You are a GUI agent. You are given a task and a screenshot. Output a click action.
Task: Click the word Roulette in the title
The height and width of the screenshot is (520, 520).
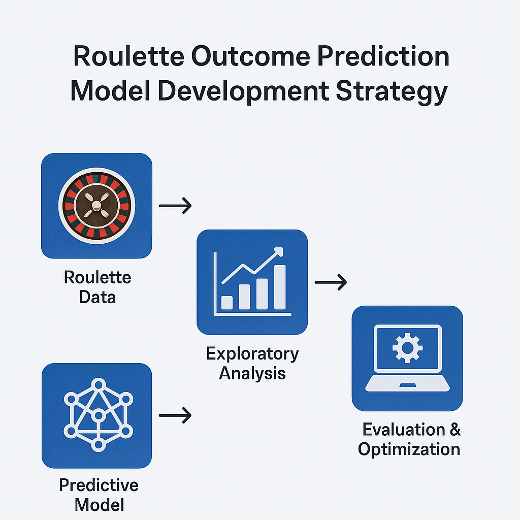(x=128, y=56)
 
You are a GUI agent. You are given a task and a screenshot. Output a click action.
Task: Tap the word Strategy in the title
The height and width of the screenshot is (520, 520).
(x=392, y=92)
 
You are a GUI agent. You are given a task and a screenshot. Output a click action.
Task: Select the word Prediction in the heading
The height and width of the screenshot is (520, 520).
(x=383, y=56)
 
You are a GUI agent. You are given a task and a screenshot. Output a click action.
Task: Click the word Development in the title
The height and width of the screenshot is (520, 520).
(x=243, y=92)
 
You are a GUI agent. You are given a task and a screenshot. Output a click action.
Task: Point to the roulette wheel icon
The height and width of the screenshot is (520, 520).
(x=97, y=206)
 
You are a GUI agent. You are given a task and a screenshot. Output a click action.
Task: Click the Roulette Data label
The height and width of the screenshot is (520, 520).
(x=97, y=287)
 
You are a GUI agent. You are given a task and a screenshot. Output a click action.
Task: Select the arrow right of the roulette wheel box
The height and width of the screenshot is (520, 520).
(x=175, y=206)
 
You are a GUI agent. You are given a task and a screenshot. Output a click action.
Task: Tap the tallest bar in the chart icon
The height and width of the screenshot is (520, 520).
(x=280, y=287)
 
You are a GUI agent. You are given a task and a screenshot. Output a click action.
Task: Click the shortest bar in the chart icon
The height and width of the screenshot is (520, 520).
(x=227, y=303)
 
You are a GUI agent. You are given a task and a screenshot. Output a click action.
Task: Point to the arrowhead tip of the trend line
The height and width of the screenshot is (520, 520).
(x=282, y=248)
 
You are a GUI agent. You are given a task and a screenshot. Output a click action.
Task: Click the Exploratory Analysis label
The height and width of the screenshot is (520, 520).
(x=252, y=364)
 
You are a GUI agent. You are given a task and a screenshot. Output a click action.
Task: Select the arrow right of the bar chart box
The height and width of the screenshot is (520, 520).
(x=331, y=282)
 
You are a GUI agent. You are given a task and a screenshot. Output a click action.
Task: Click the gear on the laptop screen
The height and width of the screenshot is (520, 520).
(x=408, y=348)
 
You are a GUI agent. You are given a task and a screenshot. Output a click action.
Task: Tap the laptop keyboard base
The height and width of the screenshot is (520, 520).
(x=408, y=383)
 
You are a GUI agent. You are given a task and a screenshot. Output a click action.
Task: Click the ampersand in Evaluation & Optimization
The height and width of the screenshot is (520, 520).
(x=456, y=429)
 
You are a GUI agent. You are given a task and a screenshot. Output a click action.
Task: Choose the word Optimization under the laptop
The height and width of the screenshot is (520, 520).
(x=409, y=450)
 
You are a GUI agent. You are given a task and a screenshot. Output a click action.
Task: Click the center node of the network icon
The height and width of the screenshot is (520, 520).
(x=99, y=415)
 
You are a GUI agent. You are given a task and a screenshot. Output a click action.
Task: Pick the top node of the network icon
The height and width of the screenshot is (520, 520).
(x=99, y=385)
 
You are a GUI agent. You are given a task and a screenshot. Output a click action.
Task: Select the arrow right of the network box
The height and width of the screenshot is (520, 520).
(x=175, y=415)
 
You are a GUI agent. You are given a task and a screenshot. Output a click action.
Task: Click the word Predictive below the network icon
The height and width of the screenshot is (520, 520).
(x=99, y=485)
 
